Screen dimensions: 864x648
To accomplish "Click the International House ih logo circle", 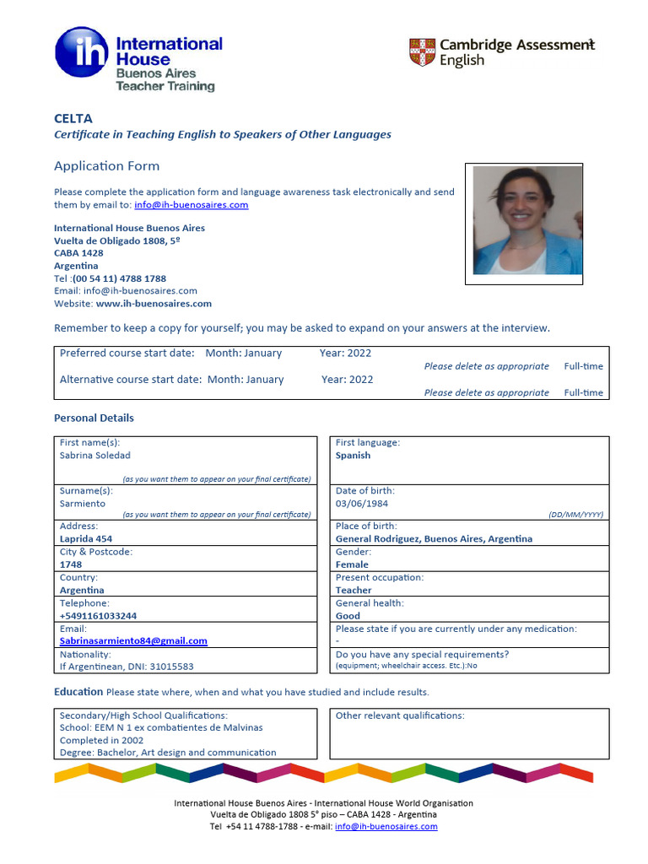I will click(82, 52).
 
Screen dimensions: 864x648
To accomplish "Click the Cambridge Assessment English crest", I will click(422, 52).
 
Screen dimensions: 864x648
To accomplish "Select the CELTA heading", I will click(73, 118).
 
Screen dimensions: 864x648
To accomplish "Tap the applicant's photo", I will click(527, 219).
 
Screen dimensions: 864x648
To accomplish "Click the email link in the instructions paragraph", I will click(191, 205).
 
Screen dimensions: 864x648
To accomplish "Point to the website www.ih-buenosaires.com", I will click(154, 304).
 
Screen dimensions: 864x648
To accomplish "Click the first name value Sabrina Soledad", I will click(95, 456).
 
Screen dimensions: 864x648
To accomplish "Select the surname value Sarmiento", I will click(83, 504).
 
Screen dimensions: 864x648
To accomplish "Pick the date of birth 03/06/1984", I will click(362, 504).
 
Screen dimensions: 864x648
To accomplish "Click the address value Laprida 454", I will click(86, 539).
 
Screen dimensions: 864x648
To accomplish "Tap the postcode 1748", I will click(71, 564).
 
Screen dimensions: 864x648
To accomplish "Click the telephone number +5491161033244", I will click(98, 616).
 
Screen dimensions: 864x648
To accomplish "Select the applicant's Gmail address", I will click(133, 641).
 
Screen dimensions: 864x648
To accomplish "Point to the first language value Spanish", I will click(353, 456).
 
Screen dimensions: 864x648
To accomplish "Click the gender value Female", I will click(352, 564).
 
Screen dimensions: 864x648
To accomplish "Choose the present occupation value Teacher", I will click(354, 591).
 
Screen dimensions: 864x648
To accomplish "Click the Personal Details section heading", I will click(94, 418).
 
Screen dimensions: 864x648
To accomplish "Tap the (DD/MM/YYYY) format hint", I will click(575, 514).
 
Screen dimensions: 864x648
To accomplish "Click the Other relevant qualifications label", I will click(400, 715).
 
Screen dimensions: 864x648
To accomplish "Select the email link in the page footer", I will click(386, 827).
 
